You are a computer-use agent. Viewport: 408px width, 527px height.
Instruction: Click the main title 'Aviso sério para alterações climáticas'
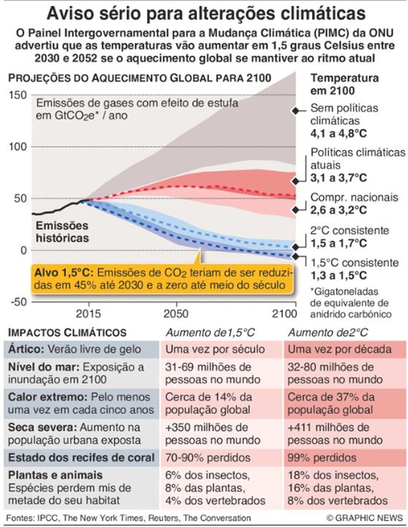click(204, 12)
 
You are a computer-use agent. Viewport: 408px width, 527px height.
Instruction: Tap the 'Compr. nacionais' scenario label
click(354, 197)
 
